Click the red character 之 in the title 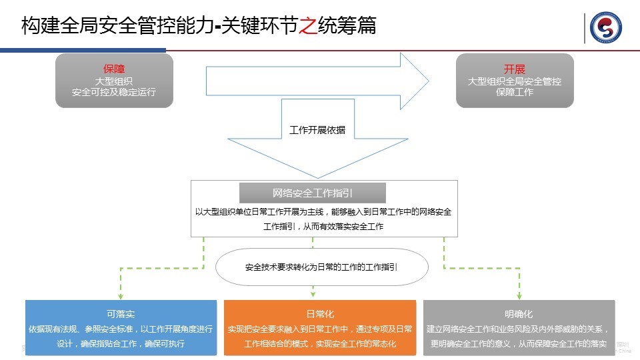(x=307, y=26)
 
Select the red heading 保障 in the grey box (x=114, y=69)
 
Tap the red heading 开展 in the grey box (x=514, y=69)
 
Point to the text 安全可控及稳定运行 (x=114, y=92)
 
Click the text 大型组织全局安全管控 (x=514, y=81)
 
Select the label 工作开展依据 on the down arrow (x=317, y=130)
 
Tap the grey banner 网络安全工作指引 (x=313, y=193)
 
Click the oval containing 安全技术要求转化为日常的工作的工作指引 (x=321, y=267)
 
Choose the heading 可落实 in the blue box (x=121, y=313)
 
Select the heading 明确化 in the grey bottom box (x=519, y=313)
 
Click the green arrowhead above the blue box (x=121, y=295)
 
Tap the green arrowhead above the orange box (x=313, y=294)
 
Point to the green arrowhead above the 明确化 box (x=519, y=295)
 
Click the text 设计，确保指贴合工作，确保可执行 (x=121, y=344)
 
